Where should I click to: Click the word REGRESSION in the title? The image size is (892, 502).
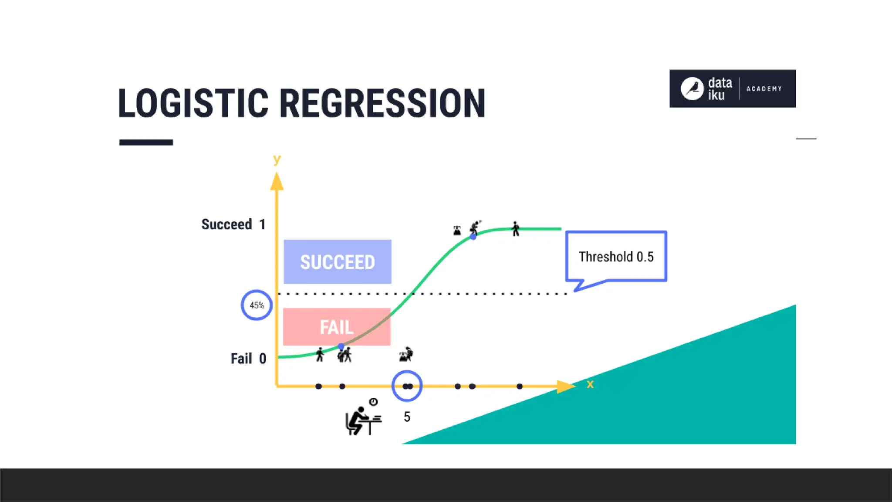click(x=382, y=103)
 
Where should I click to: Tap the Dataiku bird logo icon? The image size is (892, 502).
click(x=692, y=88)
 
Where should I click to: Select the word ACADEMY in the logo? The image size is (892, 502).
click(x=764, y=88)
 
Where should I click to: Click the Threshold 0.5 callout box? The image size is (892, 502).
click(x=616, y=257)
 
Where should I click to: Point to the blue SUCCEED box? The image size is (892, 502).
click(x=337, y=262)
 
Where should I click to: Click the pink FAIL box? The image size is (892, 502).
click(x=337, y=327)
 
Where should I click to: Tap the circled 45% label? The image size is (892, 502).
click(x=257, y=305)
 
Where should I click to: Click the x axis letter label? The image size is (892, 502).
click(x=590, y=384)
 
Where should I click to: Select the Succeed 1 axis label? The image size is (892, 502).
click(x=233, y=224)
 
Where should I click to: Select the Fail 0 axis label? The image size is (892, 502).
click(x=248, y=359)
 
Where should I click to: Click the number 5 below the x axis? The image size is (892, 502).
click(x=407, y=417)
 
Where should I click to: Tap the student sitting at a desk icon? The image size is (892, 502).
click(x=362, y=417)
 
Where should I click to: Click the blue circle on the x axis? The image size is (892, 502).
click(x=407, y=386)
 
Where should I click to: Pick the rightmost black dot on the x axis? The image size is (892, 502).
click(x=519, y=386)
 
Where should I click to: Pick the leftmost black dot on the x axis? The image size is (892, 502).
click(x=318, y=386)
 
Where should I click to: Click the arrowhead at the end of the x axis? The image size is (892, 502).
click(x=565, y=386)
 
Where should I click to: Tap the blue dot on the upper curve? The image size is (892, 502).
click(x=473, y=237)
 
